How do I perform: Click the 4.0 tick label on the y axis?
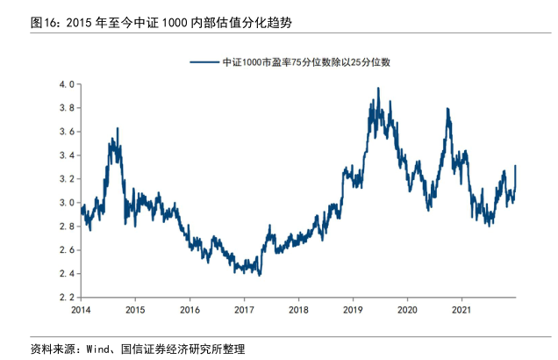click(66, 84)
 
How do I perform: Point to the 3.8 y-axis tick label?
click(66, 108)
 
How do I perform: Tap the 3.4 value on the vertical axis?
click(66, 155)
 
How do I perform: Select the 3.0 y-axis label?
click(66, 203)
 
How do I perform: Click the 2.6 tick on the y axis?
click(66, 250)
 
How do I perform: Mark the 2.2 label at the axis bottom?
click(66, 298)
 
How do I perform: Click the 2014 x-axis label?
click(81, 310)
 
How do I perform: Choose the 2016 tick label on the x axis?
click(190, 310)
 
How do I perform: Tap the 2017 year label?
click(244, 310)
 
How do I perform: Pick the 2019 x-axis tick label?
click(353, 310)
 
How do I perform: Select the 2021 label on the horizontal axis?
click(461, 310)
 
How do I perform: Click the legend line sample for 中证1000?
click(204, 62)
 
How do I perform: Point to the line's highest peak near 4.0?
click(378, 88)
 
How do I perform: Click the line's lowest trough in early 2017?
click(260, 275)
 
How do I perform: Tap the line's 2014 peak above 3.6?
click(118, 128)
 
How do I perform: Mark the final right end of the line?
click(516, 166)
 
